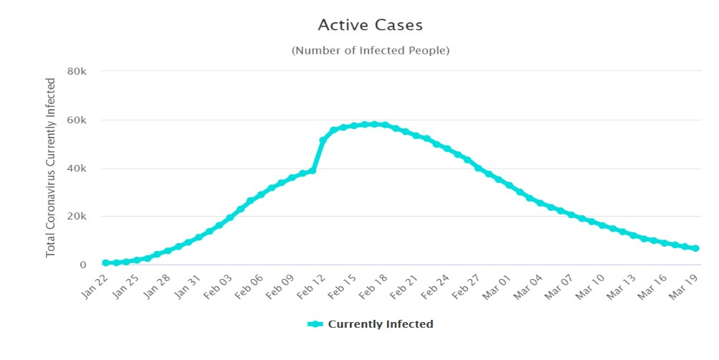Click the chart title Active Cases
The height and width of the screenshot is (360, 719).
click(370, 25)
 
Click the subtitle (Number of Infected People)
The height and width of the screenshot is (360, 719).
click(370, 50)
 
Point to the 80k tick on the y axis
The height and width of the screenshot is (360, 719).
click(77, 71)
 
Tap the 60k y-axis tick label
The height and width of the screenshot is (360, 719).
click(77, 120)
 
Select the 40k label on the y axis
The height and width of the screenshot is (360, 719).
click(77, 168)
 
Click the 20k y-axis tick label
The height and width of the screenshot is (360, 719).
click(77, 217)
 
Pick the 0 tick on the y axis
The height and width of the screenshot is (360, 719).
click(83, 265)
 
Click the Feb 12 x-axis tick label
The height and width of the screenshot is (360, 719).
click(309, 285)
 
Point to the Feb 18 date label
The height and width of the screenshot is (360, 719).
click(371, 285)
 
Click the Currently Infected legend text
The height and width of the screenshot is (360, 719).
click(380, 324)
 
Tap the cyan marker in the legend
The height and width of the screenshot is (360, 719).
click(315, 324)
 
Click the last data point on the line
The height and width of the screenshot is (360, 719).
click(695, 248)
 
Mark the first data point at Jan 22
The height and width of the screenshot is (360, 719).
click(105, 263)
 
